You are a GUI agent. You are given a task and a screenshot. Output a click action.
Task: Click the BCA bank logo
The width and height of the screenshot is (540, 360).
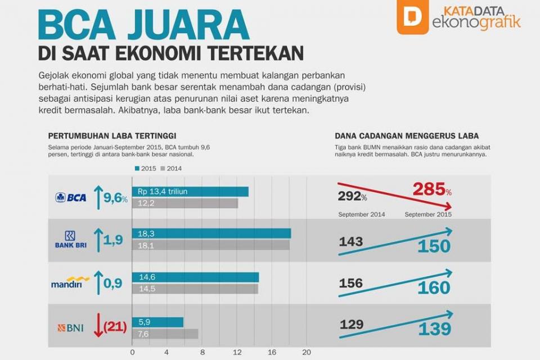pyautogui.click(x=71, y=197)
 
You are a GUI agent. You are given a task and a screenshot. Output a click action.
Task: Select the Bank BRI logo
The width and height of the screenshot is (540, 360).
pyautogui.click(x=70, y=240)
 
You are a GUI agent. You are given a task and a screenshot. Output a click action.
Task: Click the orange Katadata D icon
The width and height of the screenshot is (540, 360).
pyautogui.click(x=412, y=17)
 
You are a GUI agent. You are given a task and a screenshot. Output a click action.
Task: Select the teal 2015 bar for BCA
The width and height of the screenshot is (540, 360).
pyautogui.click(x=190, y=192)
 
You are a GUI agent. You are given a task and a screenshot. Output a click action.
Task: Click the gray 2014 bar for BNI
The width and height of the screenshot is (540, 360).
pyautogui.click(x=165, y=334)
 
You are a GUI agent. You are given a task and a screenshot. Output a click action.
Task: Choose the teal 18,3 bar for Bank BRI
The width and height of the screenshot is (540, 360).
pyautogui.click(x=211, y=233)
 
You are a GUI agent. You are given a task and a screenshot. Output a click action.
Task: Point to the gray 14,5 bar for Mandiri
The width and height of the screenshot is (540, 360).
pyautogui.click(x=195, y=289)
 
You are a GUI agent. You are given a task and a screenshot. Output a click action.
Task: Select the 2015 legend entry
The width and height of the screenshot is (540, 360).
pyautogui.click(x=145, y=168)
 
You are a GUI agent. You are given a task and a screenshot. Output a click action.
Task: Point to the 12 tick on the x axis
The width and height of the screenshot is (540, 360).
pyautogui.click(x=237, y=353)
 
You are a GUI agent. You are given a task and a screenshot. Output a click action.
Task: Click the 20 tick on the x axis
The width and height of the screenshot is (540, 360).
pyautogui.click(x=307, y=353)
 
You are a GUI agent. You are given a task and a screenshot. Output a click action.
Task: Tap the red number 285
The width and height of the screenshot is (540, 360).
pyautogui.click(x=429, y=190)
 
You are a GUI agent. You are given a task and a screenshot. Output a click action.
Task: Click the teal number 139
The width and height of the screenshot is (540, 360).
pyautogui.click(x=434, y=330)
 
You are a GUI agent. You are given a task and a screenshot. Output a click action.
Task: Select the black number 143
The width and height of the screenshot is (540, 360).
pyautogui.click(x=351, y=242)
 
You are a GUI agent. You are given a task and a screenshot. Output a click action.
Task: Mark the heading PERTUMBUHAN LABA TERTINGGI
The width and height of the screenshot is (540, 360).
pyautogui.click(x=112, y=136)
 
